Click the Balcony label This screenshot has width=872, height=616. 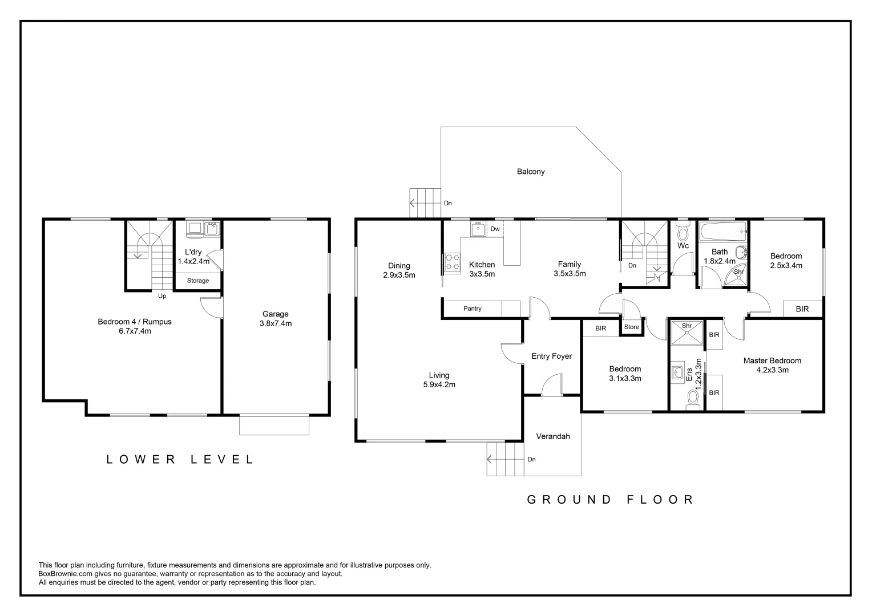531,172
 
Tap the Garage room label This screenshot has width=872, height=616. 275,314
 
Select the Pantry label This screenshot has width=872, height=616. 472,309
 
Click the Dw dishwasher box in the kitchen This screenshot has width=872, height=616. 495,229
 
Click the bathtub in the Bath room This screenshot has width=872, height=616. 723,231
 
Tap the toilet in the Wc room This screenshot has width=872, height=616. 683,232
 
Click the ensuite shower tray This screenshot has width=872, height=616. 687,333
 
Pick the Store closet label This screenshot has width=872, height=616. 631,327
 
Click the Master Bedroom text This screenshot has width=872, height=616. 772,360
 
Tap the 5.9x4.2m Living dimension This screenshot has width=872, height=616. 439,384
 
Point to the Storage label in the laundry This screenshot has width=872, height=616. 198,281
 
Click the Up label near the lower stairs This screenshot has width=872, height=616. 162,296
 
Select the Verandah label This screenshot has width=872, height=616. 553,436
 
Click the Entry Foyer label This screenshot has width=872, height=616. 552,356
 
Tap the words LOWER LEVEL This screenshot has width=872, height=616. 180,460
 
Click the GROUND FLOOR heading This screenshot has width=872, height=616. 610,500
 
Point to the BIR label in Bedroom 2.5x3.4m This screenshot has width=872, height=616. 802,309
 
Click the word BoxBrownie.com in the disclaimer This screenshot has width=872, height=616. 66,574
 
